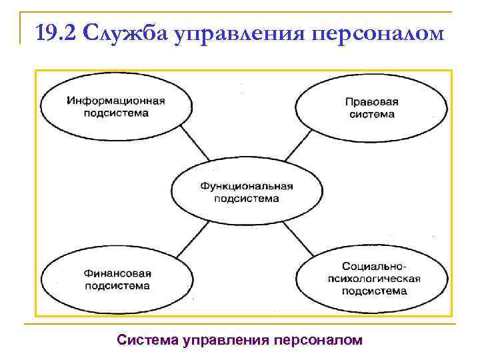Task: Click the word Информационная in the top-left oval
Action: [x=116, y=101]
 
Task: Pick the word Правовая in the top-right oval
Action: [x=371, y=102]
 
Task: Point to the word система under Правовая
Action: [x=371, y=114]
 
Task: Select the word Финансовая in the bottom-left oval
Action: [x=118, y=273]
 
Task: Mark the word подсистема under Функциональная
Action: [x=247, y=198]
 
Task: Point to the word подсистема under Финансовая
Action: [x=118, y=285]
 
